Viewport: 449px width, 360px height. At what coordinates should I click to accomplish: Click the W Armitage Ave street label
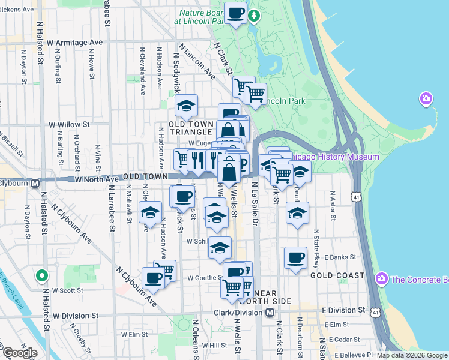click(75, 43)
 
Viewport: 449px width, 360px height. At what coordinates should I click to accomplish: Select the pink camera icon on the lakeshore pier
click(426, 98)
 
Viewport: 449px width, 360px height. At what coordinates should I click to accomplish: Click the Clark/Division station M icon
click(270, 313)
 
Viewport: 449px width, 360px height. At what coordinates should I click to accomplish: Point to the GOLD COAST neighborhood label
click(337, 275)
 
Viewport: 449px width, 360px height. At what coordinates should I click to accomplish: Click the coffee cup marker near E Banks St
click(295, 258)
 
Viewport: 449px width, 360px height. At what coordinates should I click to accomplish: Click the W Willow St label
click(69, 125)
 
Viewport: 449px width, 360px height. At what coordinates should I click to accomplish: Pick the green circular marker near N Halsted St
click(41, 276)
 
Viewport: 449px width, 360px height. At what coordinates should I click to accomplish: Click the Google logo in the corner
click(19, 353)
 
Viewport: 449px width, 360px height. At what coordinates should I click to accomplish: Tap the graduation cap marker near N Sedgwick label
click(187, 106)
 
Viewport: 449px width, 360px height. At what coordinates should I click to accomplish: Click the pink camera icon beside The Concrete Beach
click(381, 278)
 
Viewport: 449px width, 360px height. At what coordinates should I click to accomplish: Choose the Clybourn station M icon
click(35, 183)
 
